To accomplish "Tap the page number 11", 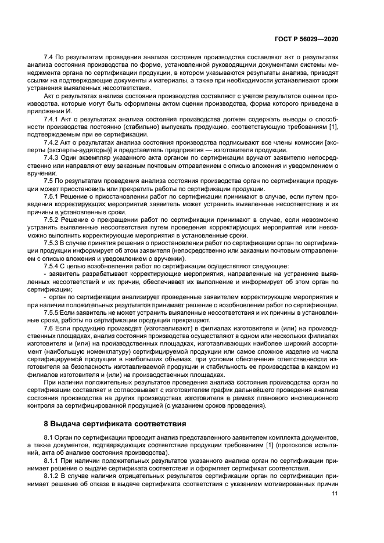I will [335, 494].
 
